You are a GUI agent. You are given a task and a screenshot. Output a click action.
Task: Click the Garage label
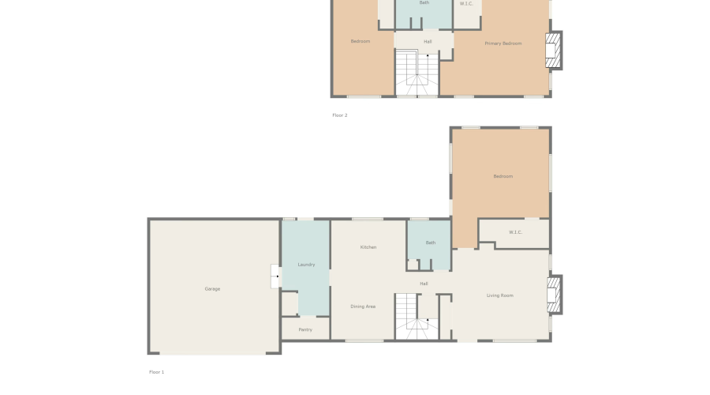point(212,289)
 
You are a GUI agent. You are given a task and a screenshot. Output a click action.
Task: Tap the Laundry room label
point(306,265)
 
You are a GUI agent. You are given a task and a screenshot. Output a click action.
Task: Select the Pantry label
point(305,329)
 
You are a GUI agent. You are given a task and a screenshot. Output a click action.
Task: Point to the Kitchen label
point(368,247)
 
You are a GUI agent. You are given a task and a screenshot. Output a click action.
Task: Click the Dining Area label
point(363,307)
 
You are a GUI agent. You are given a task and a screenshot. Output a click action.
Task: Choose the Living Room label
point(500,295)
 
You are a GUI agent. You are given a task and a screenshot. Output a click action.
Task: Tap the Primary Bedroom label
point(503,43)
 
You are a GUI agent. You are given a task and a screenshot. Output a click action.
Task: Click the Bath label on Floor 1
point(430,243)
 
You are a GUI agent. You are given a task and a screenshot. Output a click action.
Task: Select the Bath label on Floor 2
point(424,3)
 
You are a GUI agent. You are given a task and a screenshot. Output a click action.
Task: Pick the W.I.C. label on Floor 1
point(515,232)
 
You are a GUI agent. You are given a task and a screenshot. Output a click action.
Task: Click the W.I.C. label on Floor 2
point(466,4)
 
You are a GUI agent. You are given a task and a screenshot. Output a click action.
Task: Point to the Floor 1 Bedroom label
point(503,176)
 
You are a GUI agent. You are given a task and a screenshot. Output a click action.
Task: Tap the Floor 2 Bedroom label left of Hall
point(361,41)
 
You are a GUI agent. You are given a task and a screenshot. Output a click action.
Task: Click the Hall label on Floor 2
point(428,41)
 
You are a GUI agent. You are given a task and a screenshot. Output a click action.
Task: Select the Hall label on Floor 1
point(424,284)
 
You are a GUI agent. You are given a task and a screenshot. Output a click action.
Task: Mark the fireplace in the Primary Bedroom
point(555,50)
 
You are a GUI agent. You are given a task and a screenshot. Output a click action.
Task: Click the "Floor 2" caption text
point(339,115)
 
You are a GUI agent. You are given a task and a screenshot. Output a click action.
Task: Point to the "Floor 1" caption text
point(156,371)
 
